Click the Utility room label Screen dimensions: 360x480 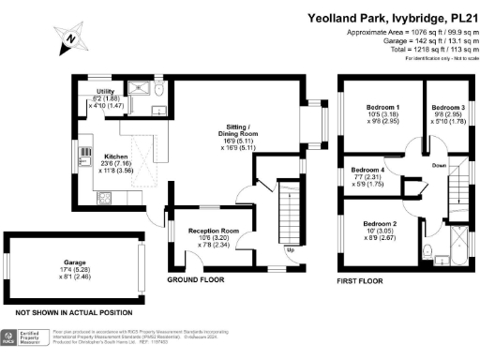click(x=106, y=91)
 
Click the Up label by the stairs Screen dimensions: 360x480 click(x=290, y=250)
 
